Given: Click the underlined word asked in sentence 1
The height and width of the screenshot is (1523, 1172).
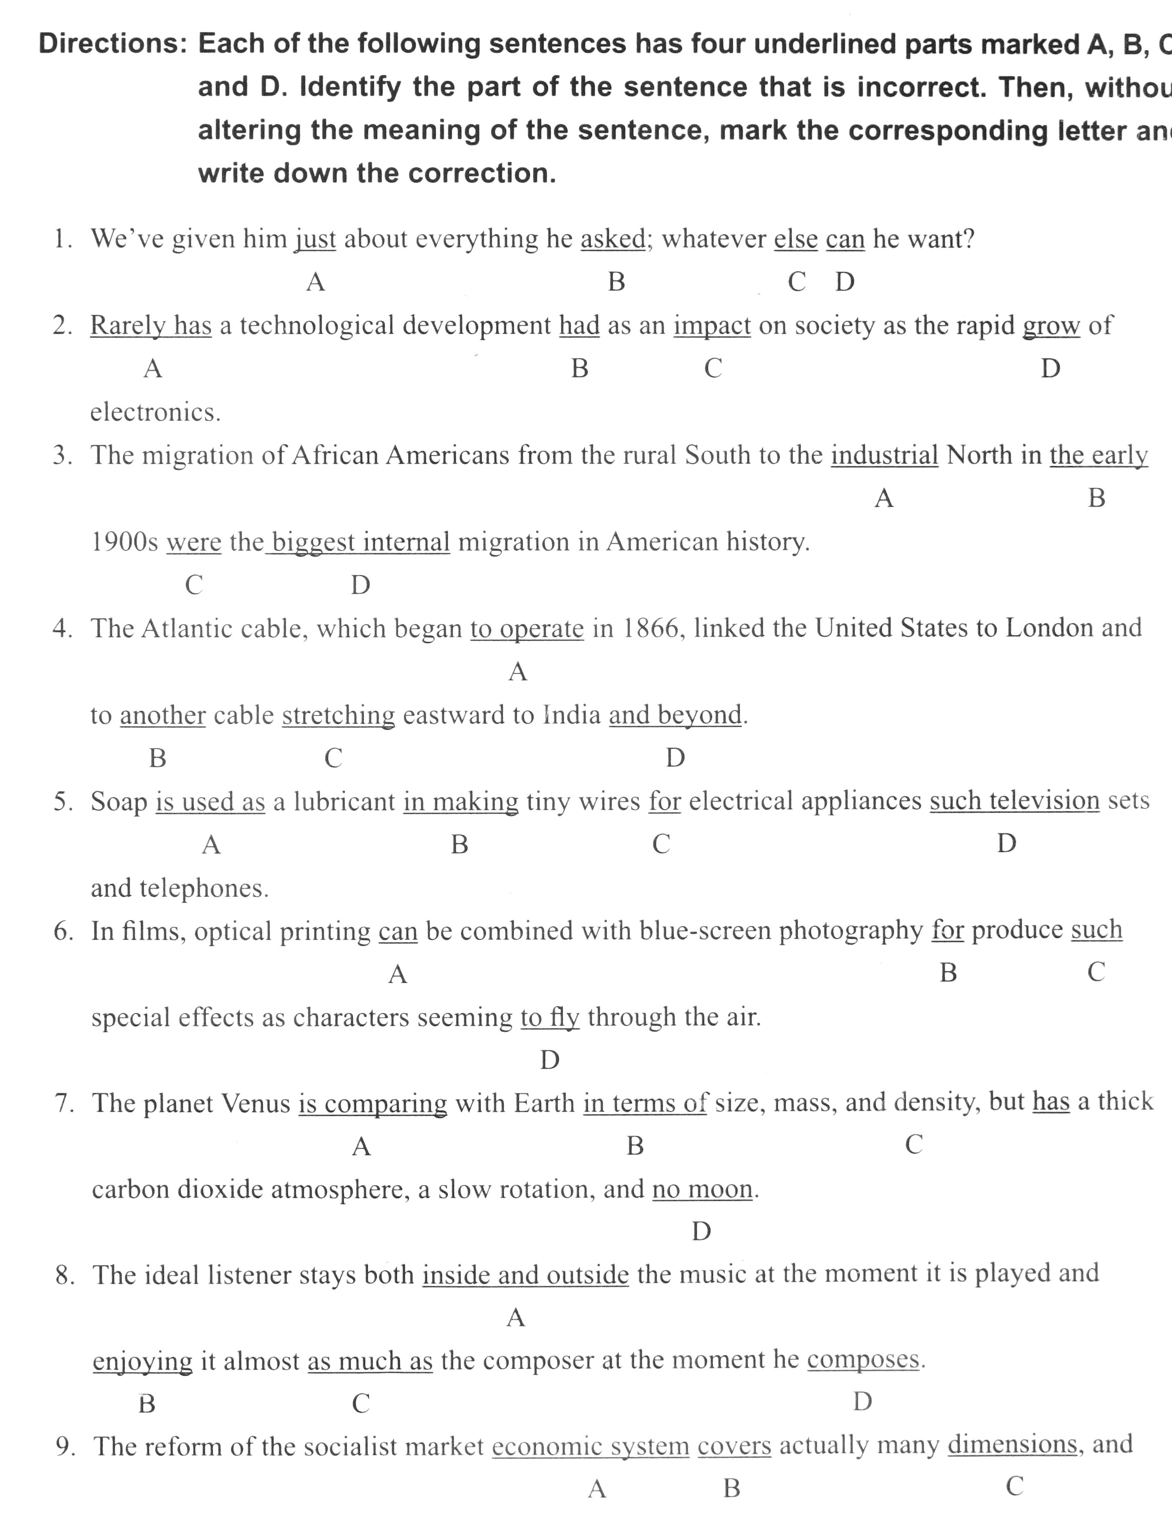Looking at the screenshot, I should click(x=613, y=239).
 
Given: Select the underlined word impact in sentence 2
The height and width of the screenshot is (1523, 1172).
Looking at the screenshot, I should click(x=712, y=326).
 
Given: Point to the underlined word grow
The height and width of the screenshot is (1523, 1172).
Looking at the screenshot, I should click(x=1051, y=326).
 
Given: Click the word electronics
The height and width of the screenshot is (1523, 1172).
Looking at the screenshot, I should click(x=155, y=412).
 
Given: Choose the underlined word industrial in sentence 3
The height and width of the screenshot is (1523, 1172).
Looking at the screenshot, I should click(x=884, y=455).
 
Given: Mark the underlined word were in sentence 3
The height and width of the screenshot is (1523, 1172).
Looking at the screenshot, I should click(x=194, y=542).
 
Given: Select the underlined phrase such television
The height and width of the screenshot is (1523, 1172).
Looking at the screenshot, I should click(x=1014, y=800).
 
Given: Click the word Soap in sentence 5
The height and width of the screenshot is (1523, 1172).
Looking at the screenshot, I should click(x=119, y=802).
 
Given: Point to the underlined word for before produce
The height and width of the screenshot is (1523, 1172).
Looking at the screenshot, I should click(x=948, y=930).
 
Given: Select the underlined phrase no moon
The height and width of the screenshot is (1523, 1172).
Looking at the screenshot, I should click(x=702, y=1190).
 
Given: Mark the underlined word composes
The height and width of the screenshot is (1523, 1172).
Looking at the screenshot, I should click(x=863, y=1359).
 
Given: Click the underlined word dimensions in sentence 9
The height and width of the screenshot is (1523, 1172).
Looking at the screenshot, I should click(x=1012, y=1444).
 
